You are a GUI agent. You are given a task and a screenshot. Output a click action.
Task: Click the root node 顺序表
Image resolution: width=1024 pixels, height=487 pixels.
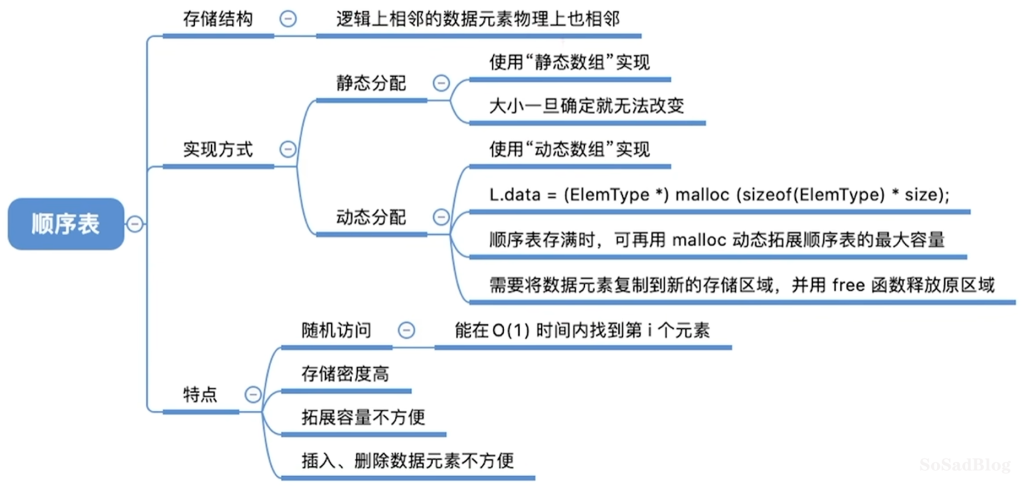point(66,224)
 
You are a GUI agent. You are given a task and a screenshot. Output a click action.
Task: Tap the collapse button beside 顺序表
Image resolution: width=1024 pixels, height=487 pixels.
point(135,224)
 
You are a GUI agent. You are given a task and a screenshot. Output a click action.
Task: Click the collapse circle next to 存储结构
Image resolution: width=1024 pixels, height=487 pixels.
point(287,19)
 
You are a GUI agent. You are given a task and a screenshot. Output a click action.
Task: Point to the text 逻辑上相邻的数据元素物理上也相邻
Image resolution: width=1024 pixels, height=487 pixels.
point(477,20)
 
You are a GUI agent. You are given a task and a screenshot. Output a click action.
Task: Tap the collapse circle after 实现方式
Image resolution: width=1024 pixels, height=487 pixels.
point(287,149)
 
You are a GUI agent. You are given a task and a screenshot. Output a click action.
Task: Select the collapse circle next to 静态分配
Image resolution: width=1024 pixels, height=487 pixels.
point(441,83)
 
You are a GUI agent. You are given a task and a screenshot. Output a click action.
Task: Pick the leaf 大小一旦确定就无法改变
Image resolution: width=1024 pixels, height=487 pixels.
point(586,106)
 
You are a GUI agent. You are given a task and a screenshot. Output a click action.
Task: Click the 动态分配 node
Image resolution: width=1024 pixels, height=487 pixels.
point(371,217)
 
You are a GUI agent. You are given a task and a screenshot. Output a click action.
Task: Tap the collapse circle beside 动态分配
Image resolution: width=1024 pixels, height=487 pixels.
point(441,217)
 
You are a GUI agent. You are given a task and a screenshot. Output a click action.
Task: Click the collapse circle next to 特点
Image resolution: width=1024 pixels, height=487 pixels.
point(251,394)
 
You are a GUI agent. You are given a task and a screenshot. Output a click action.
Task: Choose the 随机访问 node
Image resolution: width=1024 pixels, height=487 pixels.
point(336,331)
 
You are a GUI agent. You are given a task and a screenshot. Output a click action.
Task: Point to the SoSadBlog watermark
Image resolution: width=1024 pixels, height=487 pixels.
point(965,465)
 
